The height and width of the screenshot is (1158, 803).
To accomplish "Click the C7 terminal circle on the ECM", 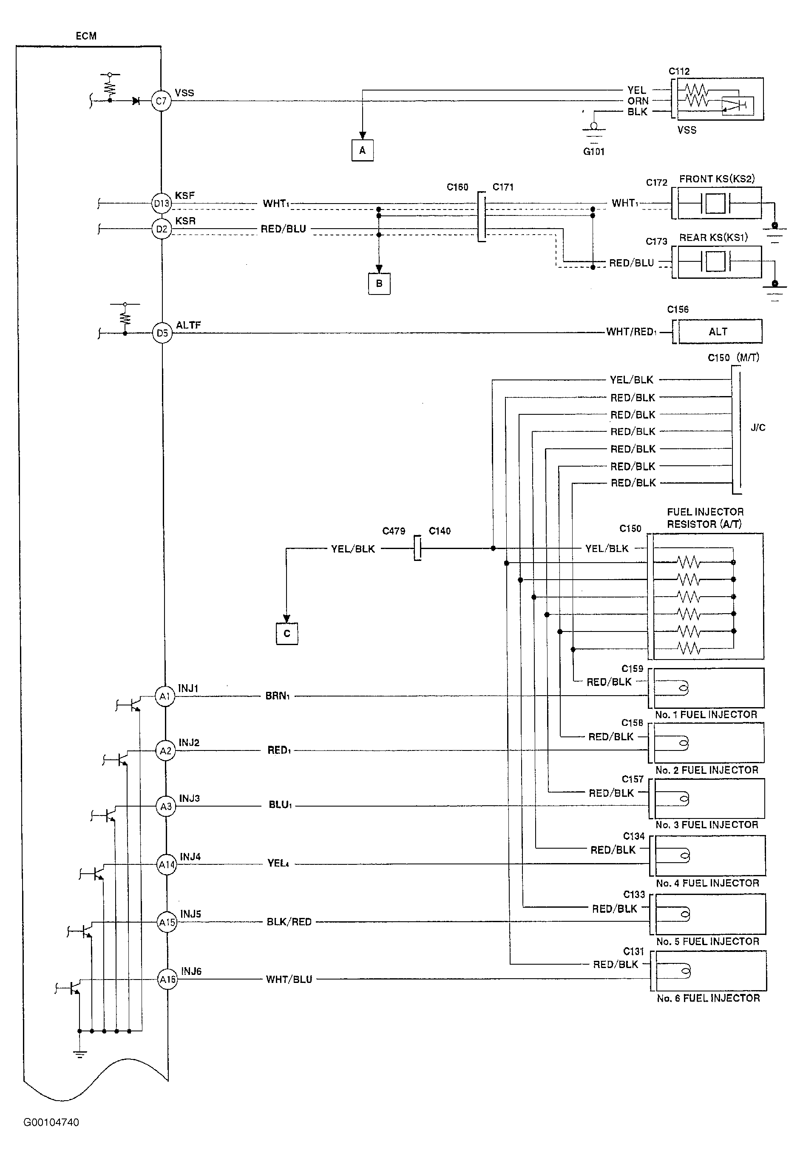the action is coord(161,101).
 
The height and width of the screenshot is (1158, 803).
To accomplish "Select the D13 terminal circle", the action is coord(162,204).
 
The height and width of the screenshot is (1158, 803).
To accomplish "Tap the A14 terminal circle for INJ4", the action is coord(167,865).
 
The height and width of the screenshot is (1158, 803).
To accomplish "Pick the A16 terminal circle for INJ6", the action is coord(167,979).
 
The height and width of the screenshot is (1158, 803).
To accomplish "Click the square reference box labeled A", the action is coord(362,150).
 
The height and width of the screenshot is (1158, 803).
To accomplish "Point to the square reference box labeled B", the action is coord(379,283).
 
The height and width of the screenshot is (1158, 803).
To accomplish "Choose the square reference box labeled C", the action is coord(287,634).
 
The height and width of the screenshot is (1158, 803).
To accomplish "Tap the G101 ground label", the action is coord(594,151).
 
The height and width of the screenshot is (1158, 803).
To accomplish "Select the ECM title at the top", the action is coord(86,36).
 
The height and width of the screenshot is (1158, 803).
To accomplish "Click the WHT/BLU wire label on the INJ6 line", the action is coord(289,979).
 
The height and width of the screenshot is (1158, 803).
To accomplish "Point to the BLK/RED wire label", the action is coord(289,922).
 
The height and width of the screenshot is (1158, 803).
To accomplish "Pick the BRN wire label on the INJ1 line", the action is coord(278,696).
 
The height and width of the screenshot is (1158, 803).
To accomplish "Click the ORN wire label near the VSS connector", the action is coord(638,101).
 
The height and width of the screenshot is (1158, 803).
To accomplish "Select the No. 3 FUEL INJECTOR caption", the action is coord(707,825).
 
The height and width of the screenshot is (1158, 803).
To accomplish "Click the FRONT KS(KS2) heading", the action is coord(717,179).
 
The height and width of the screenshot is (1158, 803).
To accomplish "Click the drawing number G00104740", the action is coord(51,1122).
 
